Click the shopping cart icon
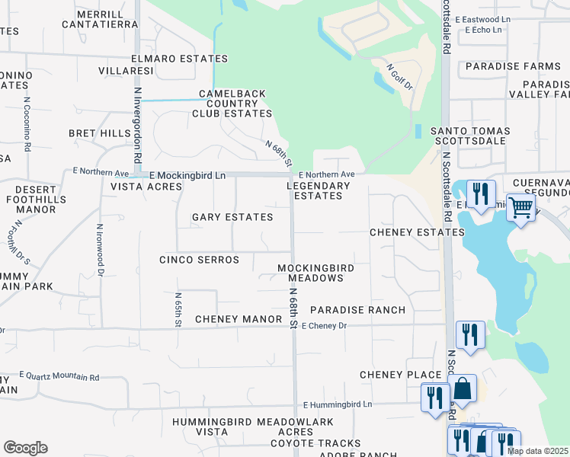pos(520,206)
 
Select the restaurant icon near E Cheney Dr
pos(470,335)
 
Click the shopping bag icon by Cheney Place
pos(462,388)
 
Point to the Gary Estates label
pos(232,218)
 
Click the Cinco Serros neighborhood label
pos(199,260)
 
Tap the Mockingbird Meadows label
pos(310,273)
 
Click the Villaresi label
pos(126,71)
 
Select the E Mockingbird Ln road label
pos(187,175)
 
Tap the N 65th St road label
pos(178,310)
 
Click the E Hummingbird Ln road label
pos(338,404)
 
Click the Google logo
pos(25,448)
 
